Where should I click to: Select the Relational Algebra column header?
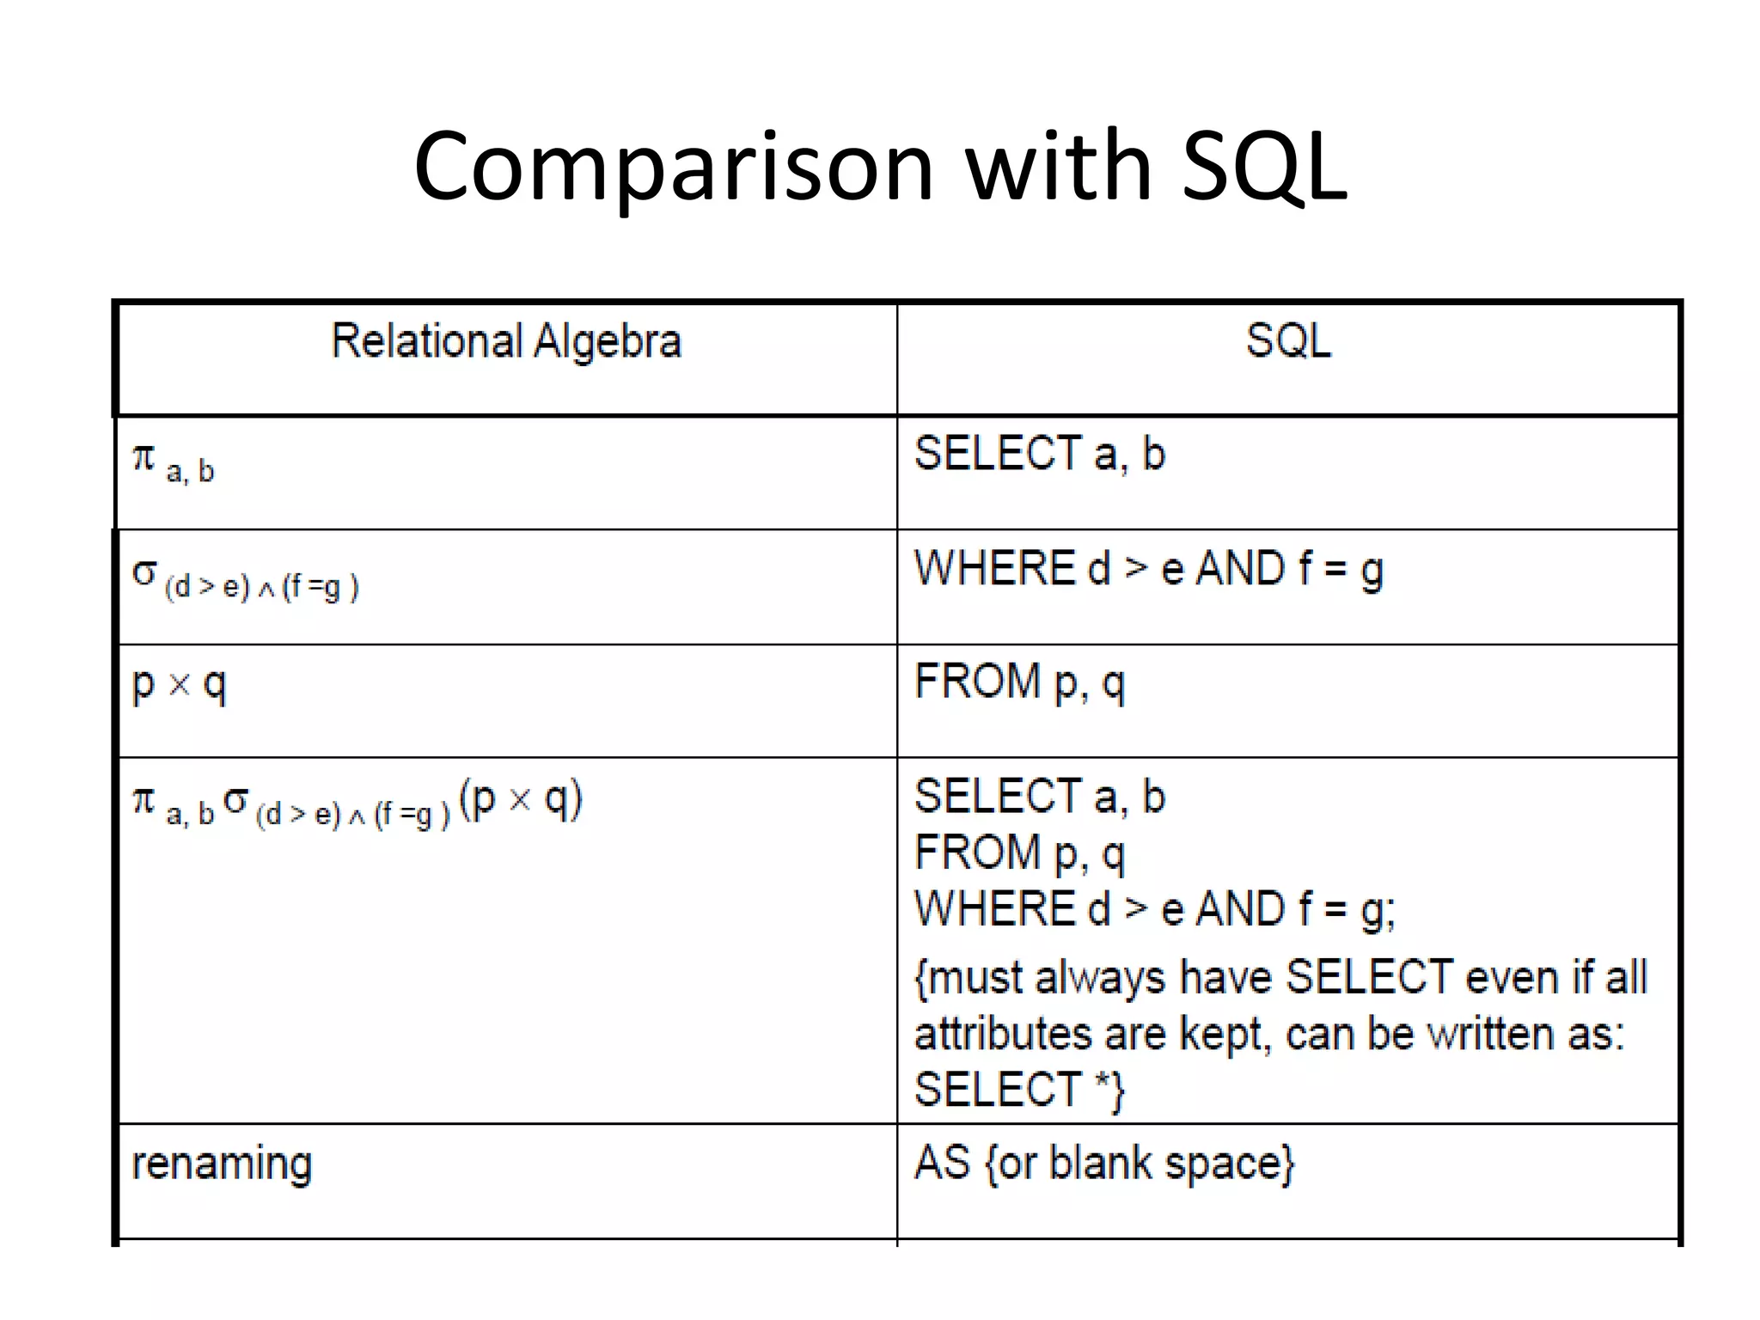pos(506,341)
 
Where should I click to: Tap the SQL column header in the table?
pos(1288,341)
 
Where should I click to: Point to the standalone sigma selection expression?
pos(245,579)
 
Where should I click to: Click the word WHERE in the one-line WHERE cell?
pos(994,569)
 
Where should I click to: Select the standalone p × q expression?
pos(179,685)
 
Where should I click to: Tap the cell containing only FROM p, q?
pos(1019,682)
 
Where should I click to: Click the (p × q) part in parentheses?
pos(521,799)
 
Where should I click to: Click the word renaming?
pos(222,1164)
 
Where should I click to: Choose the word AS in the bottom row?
pos(942,1163)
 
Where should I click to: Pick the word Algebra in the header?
pos(608,341)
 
